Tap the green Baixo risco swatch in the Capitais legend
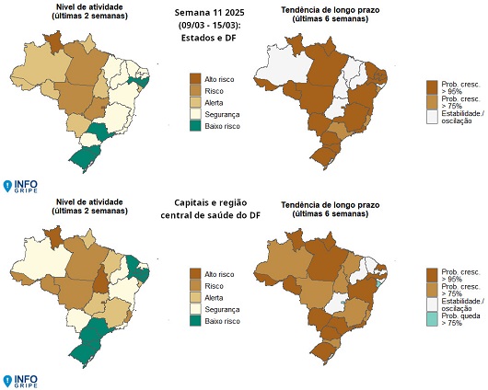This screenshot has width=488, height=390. [x=194, y=321]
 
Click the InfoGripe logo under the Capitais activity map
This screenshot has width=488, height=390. [x=19, y=380]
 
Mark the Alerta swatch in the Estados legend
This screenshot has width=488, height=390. [x=194, y=101]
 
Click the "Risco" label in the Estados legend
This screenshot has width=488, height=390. [x=215, y=90]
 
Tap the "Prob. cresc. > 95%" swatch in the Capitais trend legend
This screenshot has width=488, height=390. [x=432, y=274]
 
